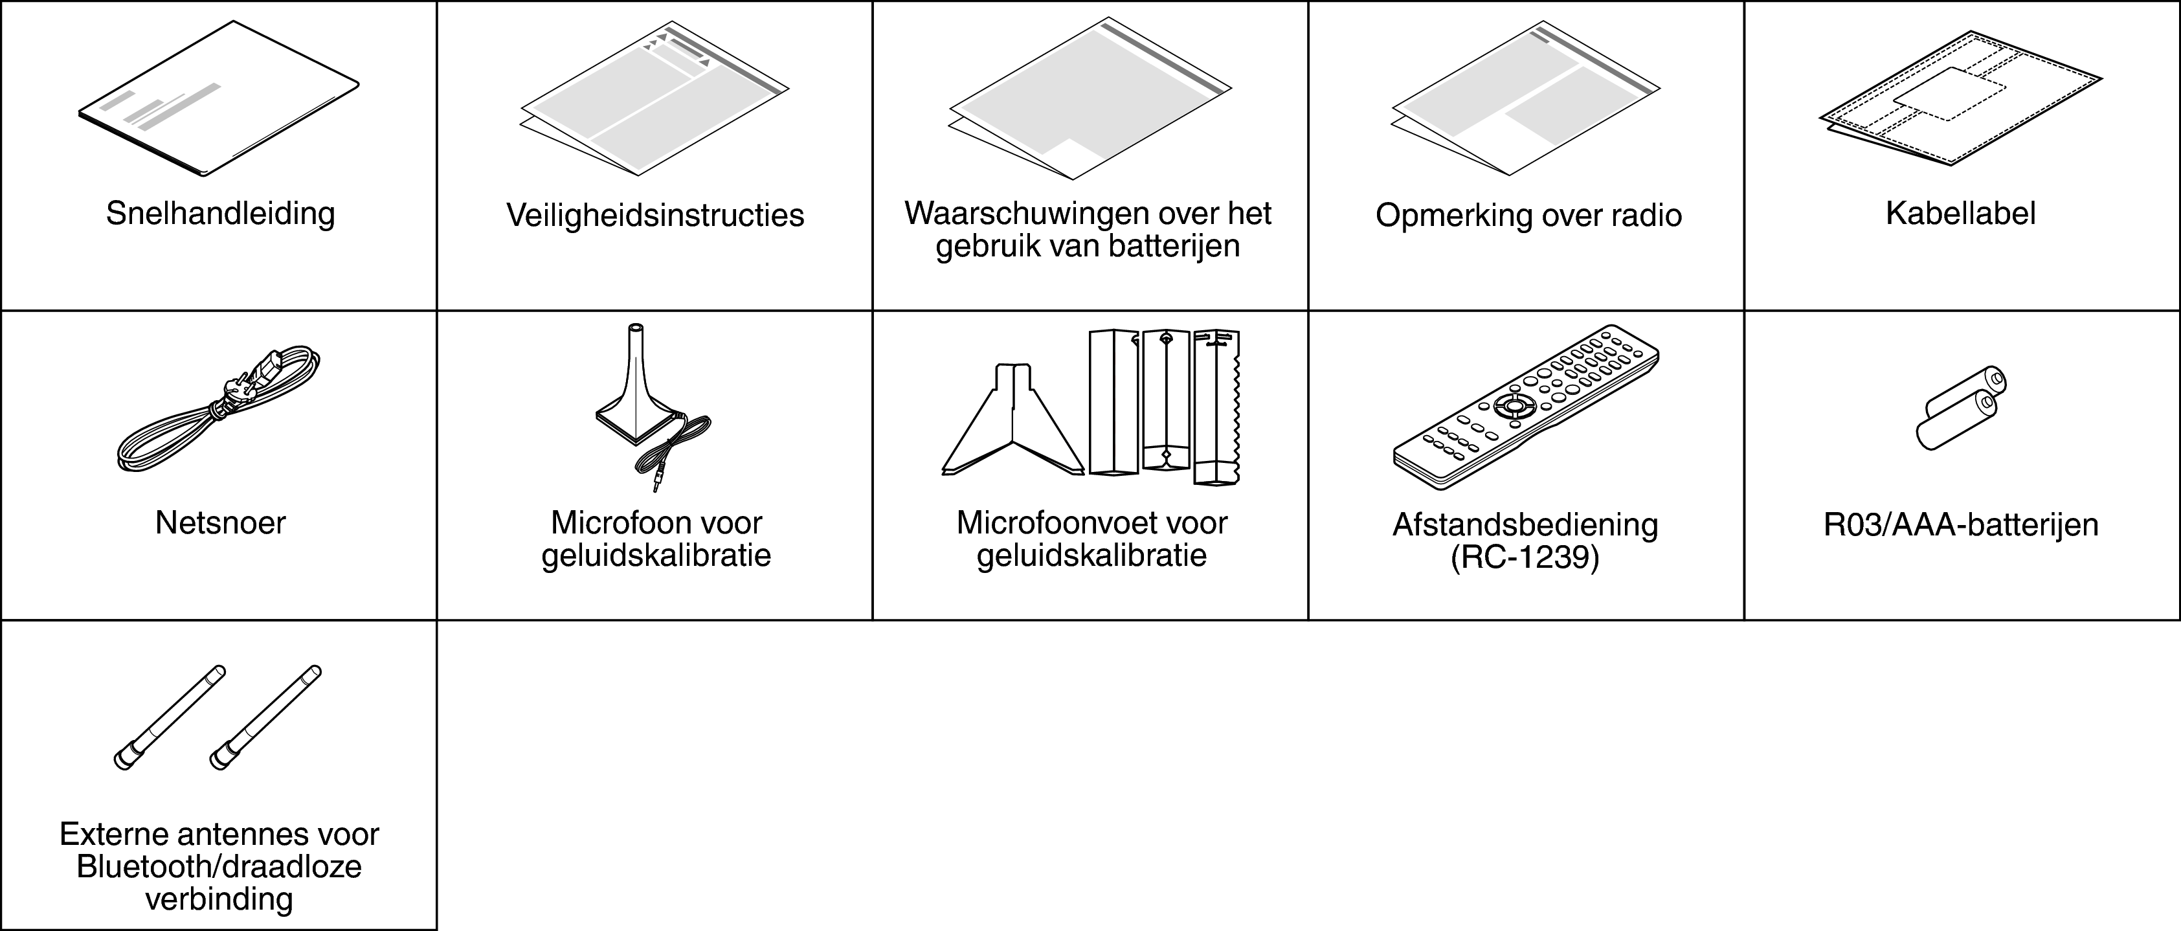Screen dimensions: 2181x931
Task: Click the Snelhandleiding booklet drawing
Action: (x=218, y=99)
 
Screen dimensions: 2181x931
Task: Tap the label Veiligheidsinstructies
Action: (x=655, y=215)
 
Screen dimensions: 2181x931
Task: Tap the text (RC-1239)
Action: (x=1525, y=559)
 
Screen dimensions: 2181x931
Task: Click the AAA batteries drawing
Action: (x=1961, y=408)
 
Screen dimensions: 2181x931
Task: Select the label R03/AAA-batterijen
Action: (x=1961, y=525)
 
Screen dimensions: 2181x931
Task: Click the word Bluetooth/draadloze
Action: (x=219, y=867)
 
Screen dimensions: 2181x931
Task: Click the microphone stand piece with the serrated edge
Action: (x=1216, y=406)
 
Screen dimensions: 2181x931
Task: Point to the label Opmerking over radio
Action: (x=1528, y=215)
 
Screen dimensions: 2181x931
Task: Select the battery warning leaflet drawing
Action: (x=1090, y=98)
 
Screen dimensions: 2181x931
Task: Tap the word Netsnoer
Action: (x=220, y=523)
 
